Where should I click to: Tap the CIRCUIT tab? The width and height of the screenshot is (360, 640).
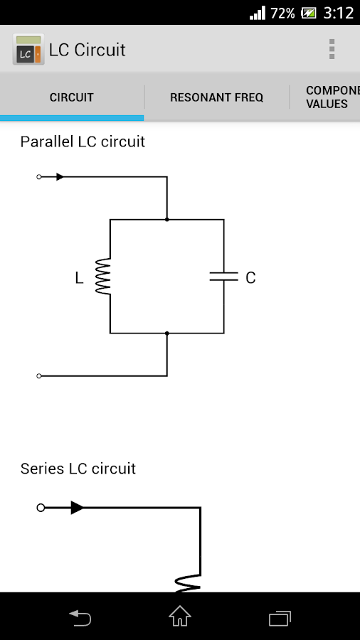pos(72,97)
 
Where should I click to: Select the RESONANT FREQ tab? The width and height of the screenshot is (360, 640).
pos(216,97)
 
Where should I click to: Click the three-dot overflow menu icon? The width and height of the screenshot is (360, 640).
pos(332,49)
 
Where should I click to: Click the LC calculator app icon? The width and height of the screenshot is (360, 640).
pos(28,50)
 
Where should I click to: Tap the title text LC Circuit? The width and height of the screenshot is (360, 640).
pos(87,50)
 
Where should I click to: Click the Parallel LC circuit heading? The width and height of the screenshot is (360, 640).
pos(83,142)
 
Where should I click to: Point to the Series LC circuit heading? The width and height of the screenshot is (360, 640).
pos(78,469)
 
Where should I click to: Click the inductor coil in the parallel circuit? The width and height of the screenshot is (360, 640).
pos(104,277)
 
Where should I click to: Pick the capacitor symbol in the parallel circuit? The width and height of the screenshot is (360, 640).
pos(223,277)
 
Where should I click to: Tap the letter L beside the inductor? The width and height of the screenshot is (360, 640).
pos(79,278)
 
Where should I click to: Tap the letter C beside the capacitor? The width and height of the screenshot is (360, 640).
pos(250,278)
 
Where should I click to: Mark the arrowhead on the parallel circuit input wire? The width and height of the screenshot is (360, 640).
pos(60,176)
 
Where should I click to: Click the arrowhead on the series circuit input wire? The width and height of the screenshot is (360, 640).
pos(77,508)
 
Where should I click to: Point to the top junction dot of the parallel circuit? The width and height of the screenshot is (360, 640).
pos(167,220)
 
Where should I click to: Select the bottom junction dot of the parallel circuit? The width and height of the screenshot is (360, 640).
pos(167,333)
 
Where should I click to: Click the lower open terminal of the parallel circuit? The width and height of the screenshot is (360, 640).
pos(39,375)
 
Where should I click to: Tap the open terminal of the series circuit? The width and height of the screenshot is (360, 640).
pos(41,508)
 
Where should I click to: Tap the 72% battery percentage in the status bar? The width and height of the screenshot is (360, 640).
pos(283,13)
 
